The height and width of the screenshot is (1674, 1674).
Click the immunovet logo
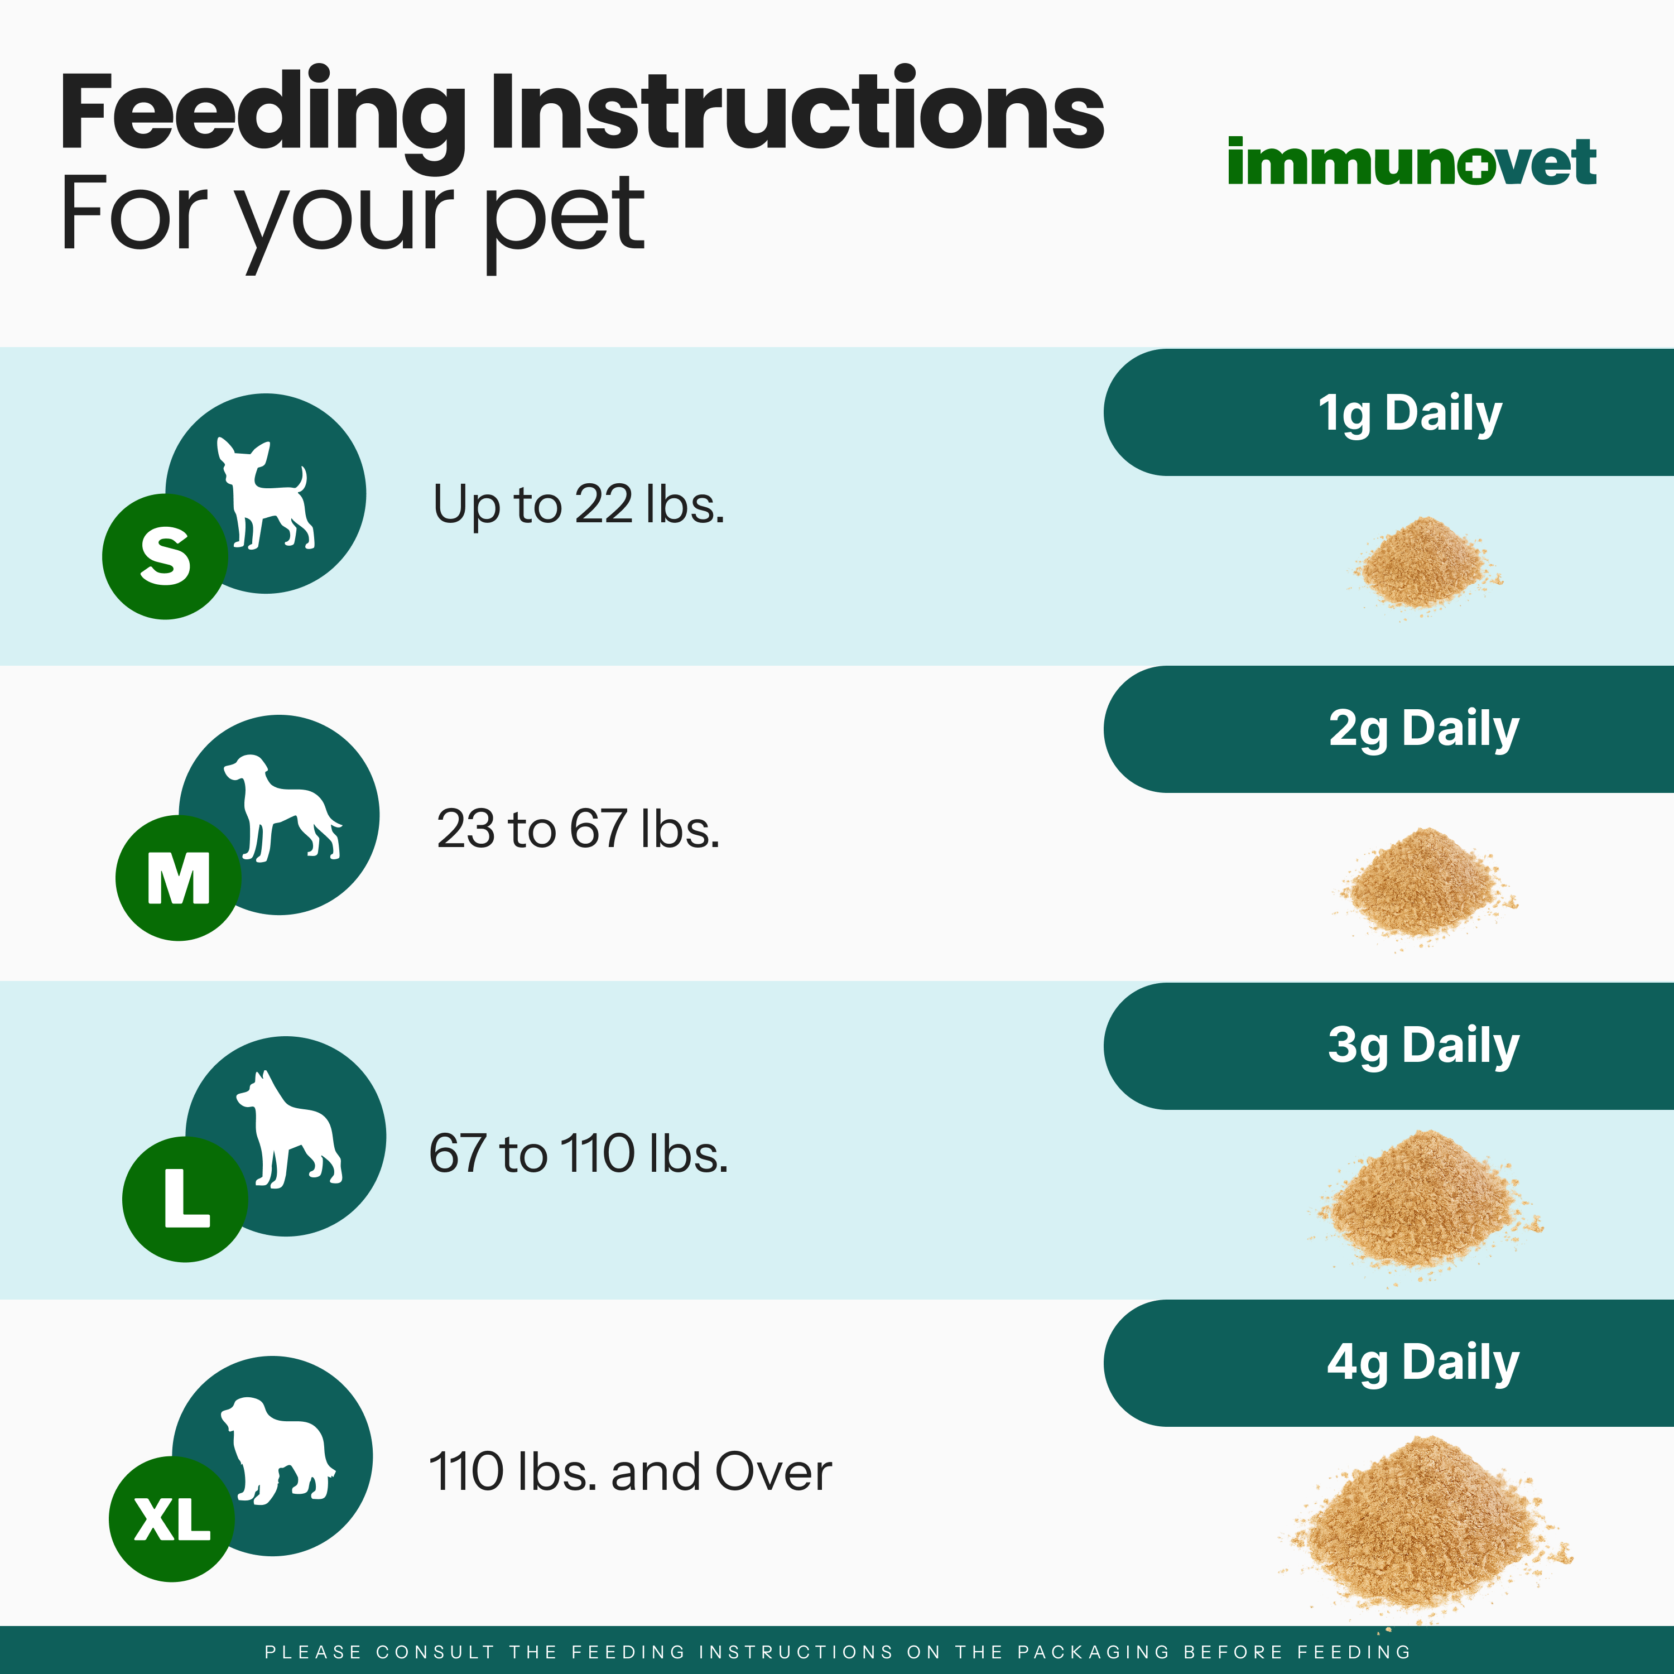(1412, 161)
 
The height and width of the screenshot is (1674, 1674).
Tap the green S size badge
(165, 556)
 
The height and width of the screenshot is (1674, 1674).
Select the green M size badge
(179, 878)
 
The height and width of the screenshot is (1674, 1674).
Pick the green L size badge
(185, 1199)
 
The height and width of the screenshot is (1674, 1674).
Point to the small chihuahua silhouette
(265, 493)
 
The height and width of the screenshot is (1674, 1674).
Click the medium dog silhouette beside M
(282, 807)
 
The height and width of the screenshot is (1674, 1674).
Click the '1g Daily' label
(1410, 413)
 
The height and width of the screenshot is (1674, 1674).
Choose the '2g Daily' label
(1423, 729)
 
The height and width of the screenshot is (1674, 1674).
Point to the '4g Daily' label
(1423, 1364)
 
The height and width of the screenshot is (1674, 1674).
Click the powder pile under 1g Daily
(1425, 563)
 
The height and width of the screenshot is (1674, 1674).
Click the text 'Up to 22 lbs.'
(578, 504)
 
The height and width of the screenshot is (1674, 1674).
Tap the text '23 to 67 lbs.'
(578, 828)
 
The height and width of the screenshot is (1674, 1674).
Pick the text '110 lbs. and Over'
(630, 1471)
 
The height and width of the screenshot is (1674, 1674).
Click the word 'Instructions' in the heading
(797, 112)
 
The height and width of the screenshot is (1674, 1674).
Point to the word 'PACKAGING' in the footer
(1093, 1652)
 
